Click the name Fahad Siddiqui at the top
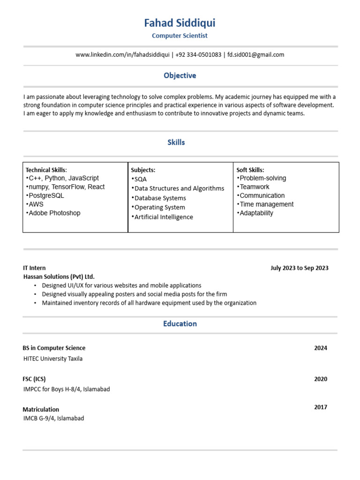[180, 23]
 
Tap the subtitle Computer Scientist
[180, 36]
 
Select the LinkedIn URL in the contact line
[123, 55]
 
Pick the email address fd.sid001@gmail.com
[256, 55]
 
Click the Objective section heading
[180, 75]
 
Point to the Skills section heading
[176, 142]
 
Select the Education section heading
[180, 324]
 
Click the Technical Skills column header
[46, 170]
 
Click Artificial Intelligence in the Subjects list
[162, 217]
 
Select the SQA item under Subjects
[139, 179]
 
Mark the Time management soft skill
[265, 204]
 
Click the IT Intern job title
[35, 268]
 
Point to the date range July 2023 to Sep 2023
[300, 268]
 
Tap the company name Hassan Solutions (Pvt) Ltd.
[59, 277]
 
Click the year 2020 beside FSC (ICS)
[321, 379]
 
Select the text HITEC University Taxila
[53, 359]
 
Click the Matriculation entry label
[41, 409]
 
